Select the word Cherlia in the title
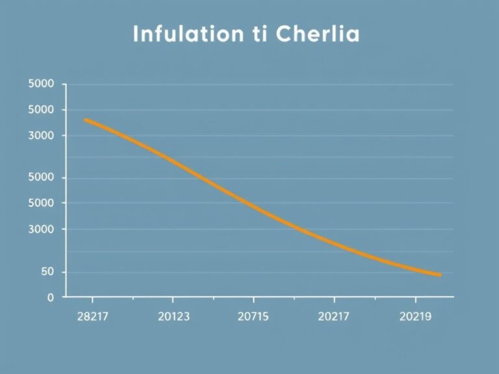317,34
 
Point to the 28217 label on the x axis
92,317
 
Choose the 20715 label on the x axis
253,317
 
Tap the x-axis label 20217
334,317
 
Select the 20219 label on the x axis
416,317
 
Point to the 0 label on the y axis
51,297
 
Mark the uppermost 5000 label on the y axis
42,84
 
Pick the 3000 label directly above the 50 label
42,229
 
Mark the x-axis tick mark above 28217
92,299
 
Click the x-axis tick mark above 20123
173,299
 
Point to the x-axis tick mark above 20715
253,299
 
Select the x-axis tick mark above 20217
334,299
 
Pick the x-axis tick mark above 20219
416,299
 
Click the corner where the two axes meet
66,297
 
